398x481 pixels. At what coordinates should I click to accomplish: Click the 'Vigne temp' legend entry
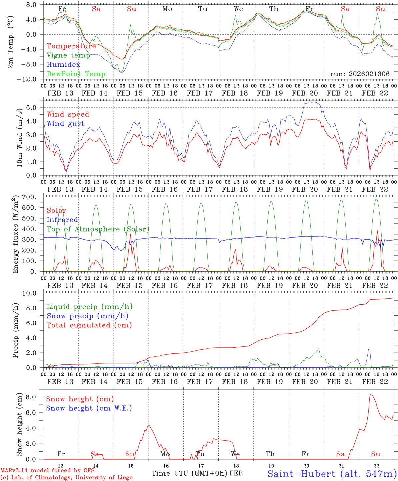[68, 55]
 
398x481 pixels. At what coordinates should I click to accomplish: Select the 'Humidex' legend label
[63, 64]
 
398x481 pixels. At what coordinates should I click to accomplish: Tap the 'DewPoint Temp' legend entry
[76, 74]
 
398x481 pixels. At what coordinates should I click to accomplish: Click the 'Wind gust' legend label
[65, 124]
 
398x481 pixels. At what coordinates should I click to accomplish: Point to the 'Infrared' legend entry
[62, 220]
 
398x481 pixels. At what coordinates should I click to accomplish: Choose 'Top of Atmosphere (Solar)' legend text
[98, 229]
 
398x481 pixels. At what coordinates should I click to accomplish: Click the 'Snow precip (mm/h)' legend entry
[87, 316]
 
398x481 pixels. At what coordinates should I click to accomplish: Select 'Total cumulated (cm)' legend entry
[89, 325]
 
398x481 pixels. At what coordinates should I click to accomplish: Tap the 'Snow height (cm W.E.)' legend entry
[89, 408]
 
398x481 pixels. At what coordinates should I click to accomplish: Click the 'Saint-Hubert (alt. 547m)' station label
[332, 473]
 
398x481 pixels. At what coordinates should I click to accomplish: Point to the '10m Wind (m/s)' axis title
[20, 137]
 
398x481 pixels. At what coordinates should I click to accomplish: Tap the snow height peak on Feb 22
[370, 394]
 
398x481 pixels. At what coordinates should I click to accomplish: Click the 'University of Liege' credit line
[66, 477]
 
